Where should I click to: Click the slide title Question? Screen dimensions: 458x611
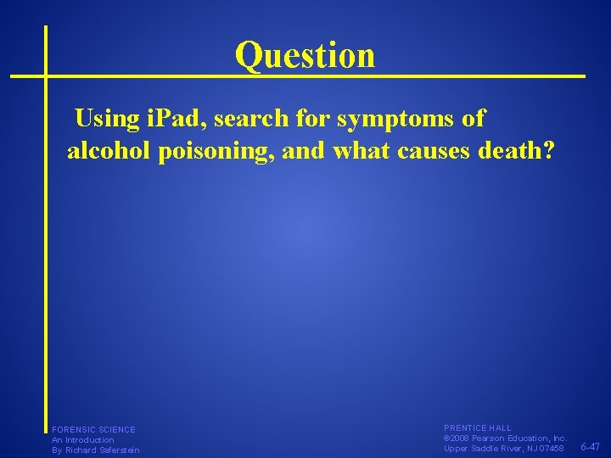coord(305,55)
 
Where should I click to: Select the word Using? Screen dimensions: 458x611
coord(106,119)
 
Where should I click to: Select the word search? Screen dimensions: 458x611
coord(254,119)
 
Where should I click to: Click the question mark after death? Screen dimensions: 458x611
coord(550,150)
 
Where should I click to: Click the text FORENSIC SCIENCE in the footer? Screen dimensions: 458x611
coord(93,430)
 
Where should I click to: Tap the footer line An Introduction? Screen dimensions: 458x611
coord(82,440)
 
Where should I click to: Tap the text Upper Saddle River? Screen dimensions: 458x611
coord(481,449)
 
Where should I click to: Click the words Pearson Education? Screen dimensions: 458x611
coord(514,438)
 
